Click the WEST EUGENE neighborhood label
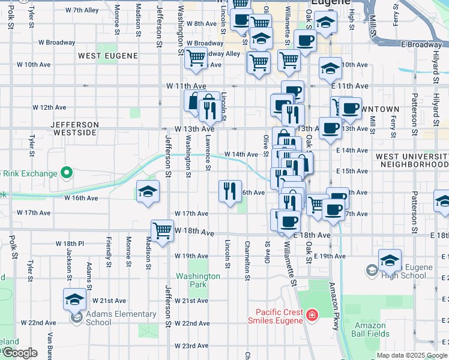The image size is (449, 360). point(108,56)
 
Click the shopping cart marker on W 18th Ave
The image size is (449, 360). point(162,230)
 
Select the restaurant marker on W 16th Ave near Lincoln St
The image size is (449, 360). point(230,191)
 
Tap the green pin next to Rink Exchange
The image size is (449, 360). point(66,175)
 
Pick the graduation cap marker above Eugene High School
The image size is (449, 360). point(390,260)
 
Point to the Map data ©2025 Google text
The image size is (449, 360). point(411,355)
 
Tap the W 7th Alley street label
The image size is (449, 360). point(82,10)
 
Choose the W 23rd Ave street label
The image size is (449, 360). point(191,346)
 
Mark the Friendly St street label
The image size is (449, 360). point(109,251)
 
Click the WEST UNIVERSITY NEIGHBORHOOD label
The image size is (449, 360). point(412,160)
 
